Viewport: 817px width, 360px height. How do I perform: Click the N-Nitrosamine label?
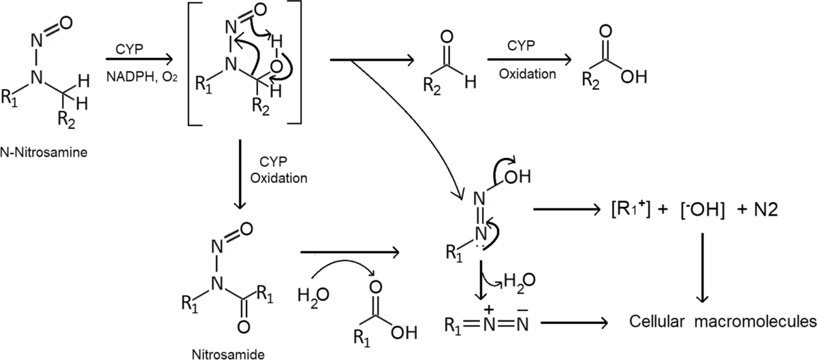44,152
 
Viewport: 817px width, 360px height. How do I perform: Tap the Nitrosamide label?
228,354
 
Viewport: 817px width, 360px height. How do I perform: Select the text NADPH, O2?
142,78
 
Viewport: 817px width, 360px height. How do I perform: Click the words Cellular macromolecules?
723,322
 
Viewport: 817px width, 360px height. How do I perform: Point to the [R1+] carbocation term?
630,210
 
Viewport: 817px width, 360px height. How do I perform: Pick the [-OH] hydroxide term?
702,210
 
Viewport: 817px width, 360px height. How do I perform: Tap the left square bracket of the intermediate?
191,63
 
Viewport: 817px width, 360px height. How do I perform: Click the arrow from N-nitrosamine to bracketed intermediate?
139,59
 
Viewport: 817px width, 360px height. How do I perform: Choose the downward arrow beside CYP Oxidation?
240,174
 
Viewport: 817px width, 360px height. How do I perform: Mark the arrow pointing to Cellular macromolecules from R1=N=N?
575,323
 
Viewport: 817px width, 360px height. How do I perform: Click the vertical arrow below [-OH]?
702,267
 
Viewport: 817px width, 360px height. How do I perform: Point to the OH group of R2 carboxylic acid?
634,78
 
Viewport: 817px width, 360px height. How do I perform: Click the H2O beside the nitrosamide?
313,296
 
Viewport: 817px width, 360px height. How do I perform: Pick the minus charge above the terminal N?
522,310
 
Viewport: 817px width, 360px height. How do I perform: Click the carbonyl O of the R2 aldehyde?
447,37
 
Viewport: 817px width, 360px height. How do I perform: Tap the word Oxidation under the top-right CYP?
528,74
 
